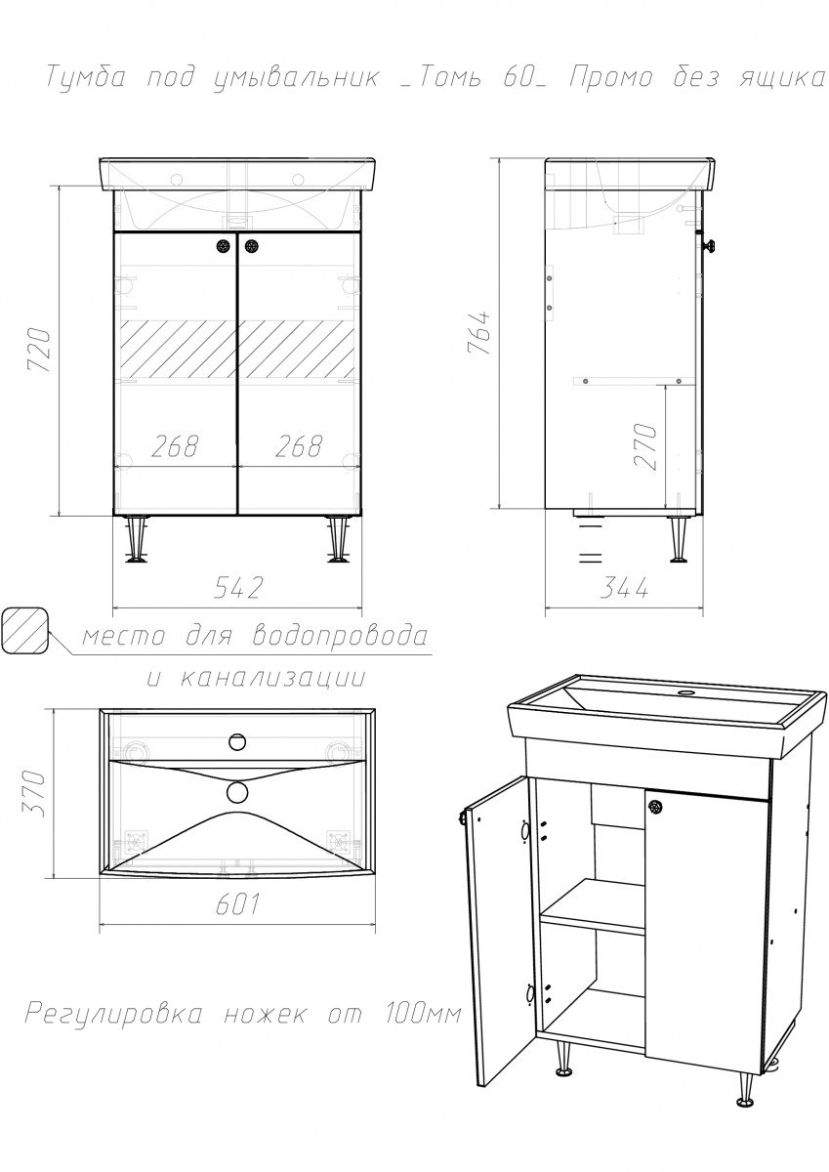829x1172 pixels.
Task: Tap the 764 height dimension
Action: tap(479, 333)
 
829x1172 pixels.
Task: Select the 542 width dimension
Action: tap(238, 588)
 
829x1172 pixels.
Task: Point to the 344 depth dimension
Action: tap(623, 588)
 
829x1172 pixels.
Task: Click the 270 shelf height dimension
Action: tap(644, 446)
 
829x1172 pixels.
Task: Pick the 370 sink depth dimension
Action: tap(34, 793)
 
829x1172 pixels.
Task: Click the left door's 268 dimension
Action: tap(175, 446)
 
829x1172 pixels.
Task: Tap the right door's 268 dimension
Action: tap(299, 446)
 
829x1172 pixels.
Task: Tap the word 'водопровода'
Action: tap(340, 636)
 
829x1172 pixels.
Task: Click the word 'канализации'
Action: tap(272, 678)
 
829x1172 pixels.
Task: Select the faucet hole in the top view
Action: tap(238, 741)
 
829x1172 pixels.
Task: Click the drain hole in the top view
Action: tap(237, 792)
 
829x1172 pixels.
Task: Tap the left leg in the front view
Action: tap(137, 539)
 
